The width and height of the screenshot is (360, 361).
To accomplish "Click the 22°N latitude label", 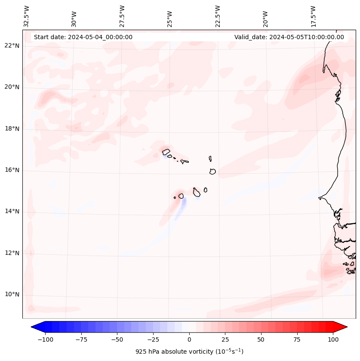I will coord(12,46).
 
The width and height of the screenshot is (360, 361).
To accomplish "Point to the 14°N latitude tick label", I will coord(12,211).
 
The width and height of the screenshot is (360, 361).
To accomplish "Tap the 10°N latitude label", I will coord(12,294).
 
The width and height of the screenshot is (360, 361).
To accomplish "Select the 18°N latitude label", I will coord(12,129).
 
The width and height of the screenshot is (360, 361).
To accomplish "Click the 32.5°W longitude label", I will coord(27,16).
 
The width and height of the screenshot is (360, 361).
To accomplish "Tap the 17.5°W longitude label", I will coord(313,16).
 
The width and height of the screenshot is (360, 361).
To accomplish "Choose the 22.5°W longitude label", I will coord(218,16).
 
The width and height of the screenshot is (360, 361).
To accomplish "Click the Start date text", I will coord(83,37).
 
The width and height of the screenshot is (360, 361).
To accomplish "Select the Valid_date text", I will coord(289,37).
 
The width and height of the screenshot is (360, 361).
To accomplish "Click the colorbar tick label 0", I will coord(189,339).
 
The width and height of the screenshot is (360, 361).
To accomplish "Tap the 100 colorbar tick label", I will coord(333,339).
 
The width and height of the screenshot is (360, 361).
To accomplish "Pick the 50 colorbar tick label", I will coord(261,339).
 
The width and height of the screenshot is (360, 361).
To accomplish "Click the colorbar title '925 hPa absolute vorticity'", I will coord(189,352).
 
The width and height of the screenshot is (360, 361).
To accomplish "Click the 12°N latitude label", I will coord(12,253).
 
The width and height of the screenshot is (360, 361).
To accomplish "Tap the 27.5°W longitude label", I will coord(122,16).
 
